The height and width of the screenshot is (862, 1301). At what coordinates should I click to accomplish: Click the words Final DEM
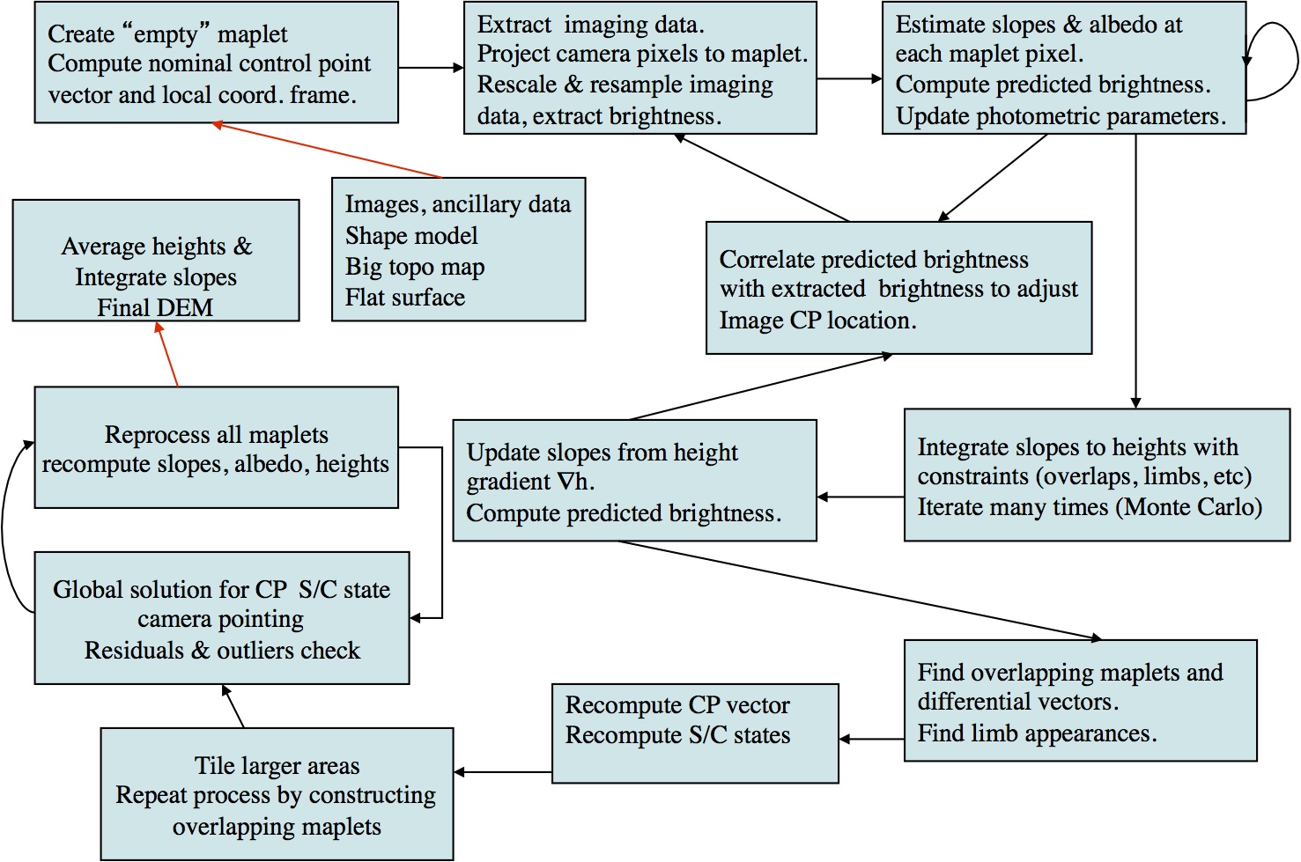pos(155,308)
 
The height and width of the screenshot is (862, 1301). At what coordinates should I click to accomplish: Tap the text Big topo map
pos(414,267)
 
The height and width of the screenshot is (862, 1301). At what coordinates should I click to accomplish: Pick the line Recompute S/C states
pos(677,735)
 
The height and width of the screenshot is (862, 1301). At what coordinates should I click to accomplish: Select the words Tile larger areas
pos(277,766)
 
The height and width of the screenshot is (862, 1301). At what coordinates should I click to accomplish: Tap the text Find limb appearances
pos(1037,733)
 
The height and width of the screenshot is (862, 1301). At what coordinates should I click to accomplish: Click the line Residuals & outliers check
pos(222,651)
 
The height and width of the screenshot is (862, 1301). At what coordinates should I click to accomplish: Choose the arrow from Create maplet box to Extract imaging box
pos(431,67)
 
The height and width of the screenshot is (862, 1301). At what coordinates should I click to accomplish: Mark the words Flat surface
pos(404,298)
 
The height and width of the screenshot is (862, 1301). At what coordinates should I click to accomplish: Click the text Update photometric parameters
pos(1061,116)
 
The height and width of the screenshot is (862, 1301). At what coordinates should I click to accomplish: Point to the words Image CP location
pos(817,320)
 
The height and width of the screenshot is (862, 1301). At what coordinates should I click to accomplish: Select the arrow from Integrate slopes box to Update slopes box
pos(861,497)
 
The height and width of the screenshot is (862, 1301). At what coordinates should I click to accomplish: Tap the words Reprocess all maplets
pos(216,435)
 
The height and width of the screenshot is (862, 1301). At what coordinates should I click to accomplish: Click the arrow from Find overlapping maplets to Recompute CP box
pos(871,739)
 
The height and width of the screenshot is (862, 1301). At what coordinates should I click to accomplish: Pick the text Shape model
pos(410,236)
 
